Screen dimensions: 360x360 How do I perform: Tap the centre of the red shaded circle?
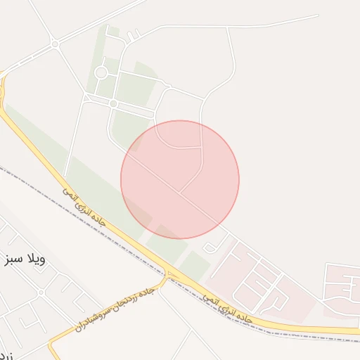coord(180,179)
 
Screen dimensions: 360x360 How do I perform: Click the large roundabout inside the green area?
coord(101,72)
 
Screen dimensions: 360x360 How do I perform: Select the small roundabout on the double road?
coord(112,103)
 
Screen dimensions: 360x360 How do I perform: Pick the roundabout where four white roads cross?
coord(55,44)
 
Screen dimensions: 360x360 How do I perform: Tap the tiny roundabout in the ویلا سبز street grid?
coord(41,292)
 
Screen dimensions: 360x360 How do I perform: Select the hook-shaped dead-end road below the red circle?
coord(210,247)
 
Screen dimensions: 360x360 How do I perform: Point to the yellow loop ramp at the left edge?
coord(4,88)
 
